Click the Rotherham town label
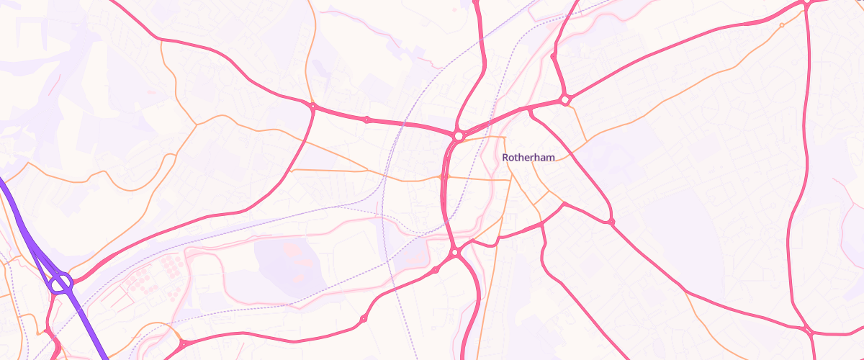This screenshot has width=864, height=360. pos(528,157)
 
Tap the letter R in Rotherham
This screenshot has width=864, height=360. pos(505,157)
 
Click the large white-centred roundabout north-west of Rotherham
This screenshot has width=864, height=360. pos(458,135)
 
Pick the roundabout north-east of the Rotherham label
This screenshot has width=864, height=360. pos(565,99)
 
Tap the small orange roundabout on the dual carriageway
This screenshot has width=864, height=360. pos(443,176)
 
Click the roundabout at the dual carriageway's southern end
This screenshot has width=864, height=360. pos(455,253)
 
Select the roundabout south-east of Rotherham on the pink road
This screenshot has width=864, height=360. pos(611,220)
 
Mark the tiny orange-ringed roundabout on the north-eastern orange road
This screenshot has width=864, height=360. pos(782,25)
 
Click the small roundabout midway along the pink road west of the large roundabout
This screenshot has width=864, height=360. pos(366,120)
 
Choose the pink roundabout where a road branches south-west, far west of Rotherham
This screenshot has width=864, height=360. pos(312,107)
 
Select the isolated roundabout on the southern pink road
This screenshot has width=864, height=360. pos(363,318)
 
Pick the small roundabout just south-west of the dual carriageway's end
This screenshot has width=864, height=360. pos(436,270)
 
